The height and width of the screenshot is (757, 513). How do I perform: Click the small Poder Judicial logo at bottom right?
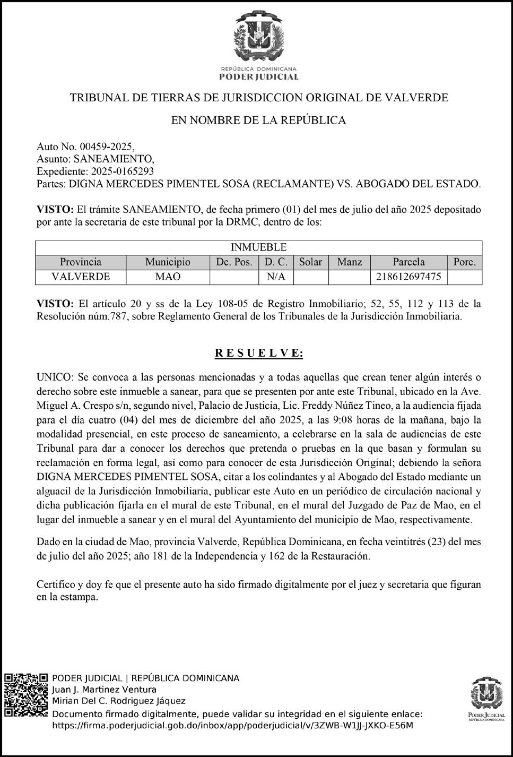tap(487, 699)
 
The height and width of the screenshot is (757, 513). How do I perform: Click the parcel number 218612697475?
tap(408, 277)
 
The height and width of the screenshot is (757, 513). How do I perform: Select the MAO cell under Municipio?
tap(168, 277)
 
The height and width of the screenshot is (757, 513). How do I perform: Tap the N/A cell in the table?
tap(276, 277)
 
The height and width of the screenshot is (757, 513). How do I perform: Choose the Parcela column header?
tap(408, 262)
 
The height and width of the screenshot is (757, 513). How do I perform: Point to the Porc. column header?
tap(465, 262)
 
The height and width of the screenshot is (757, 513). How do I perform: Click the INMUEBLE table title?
tap(258, 247)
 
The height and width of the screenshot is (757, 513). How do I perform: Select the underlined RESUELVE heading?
tap(258, 353)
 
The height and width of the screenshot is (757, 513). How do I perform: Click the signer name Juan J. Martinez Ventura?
tap(104, 690)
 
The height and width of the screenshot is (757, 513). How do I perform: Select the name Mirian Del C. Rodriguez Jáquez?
tap(118, 701)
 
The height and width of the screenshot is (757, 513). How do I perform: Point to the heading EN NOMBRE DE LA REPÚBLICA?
tap(258, 121)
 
